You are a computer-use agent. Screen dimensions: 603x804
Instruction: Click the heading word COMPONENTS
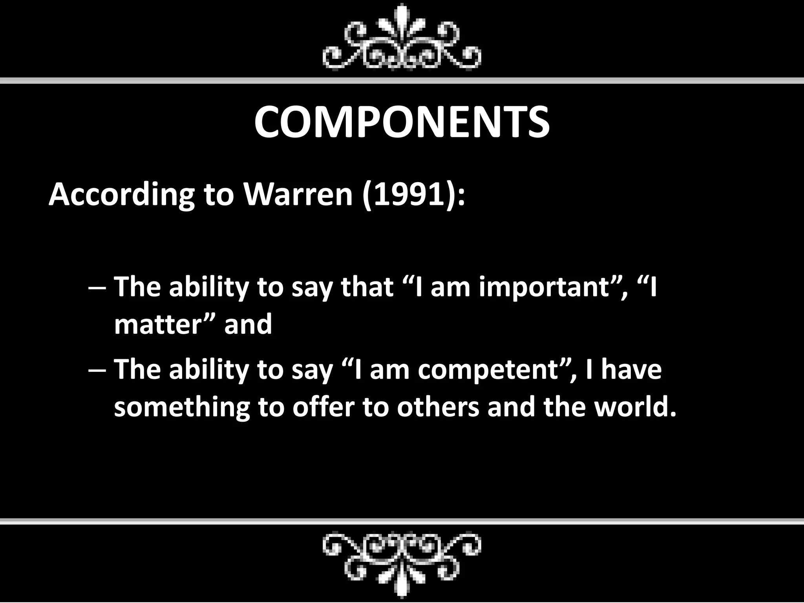[x=402, y=122]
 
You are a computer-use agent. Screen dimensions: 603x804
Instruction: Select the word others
[x=438, y=407]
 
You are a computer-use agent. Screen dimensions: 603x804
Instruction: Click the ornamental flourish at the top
[x=402, y=39]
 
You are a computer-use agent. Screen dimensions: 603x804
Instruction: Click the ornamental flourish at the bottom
[x=402, y=564]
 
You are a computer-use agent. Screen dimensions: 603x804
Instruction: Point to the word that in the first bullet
[x=367, y=287]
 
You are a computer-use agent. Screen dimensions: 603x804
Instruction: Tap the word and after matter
[x=248, y=325]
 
